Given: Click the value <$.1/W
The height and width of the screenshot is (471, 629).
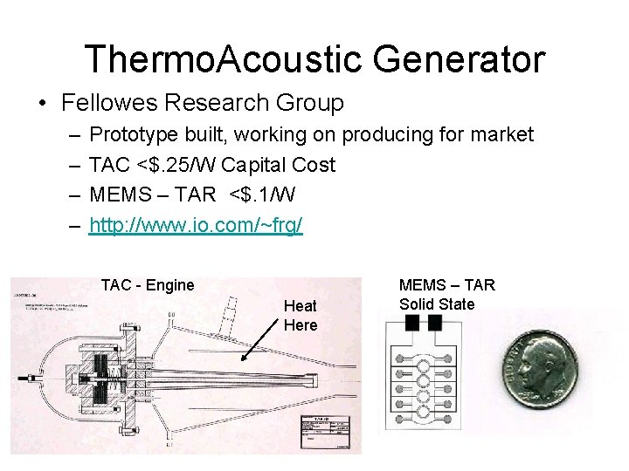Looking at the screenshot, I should (261, 195).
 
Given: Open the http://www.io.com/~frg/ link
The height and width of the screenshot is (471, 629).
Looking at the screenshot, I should (197, 225).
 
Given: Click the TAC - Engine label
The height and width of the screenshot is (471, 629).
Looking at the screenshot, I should (148, 285).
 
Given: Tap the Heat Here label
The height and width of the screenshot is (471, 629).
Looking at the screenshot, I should (301, 315).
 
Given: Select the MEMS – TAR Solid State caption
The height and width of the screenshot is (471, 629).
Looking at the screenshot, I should (446, 294).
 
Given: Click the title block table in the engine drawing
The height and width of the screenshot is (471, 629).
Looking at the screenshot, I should (328, 433).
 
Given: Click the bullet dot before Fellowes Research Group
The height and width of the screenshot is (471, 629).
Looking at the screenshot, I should (42, 104).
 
